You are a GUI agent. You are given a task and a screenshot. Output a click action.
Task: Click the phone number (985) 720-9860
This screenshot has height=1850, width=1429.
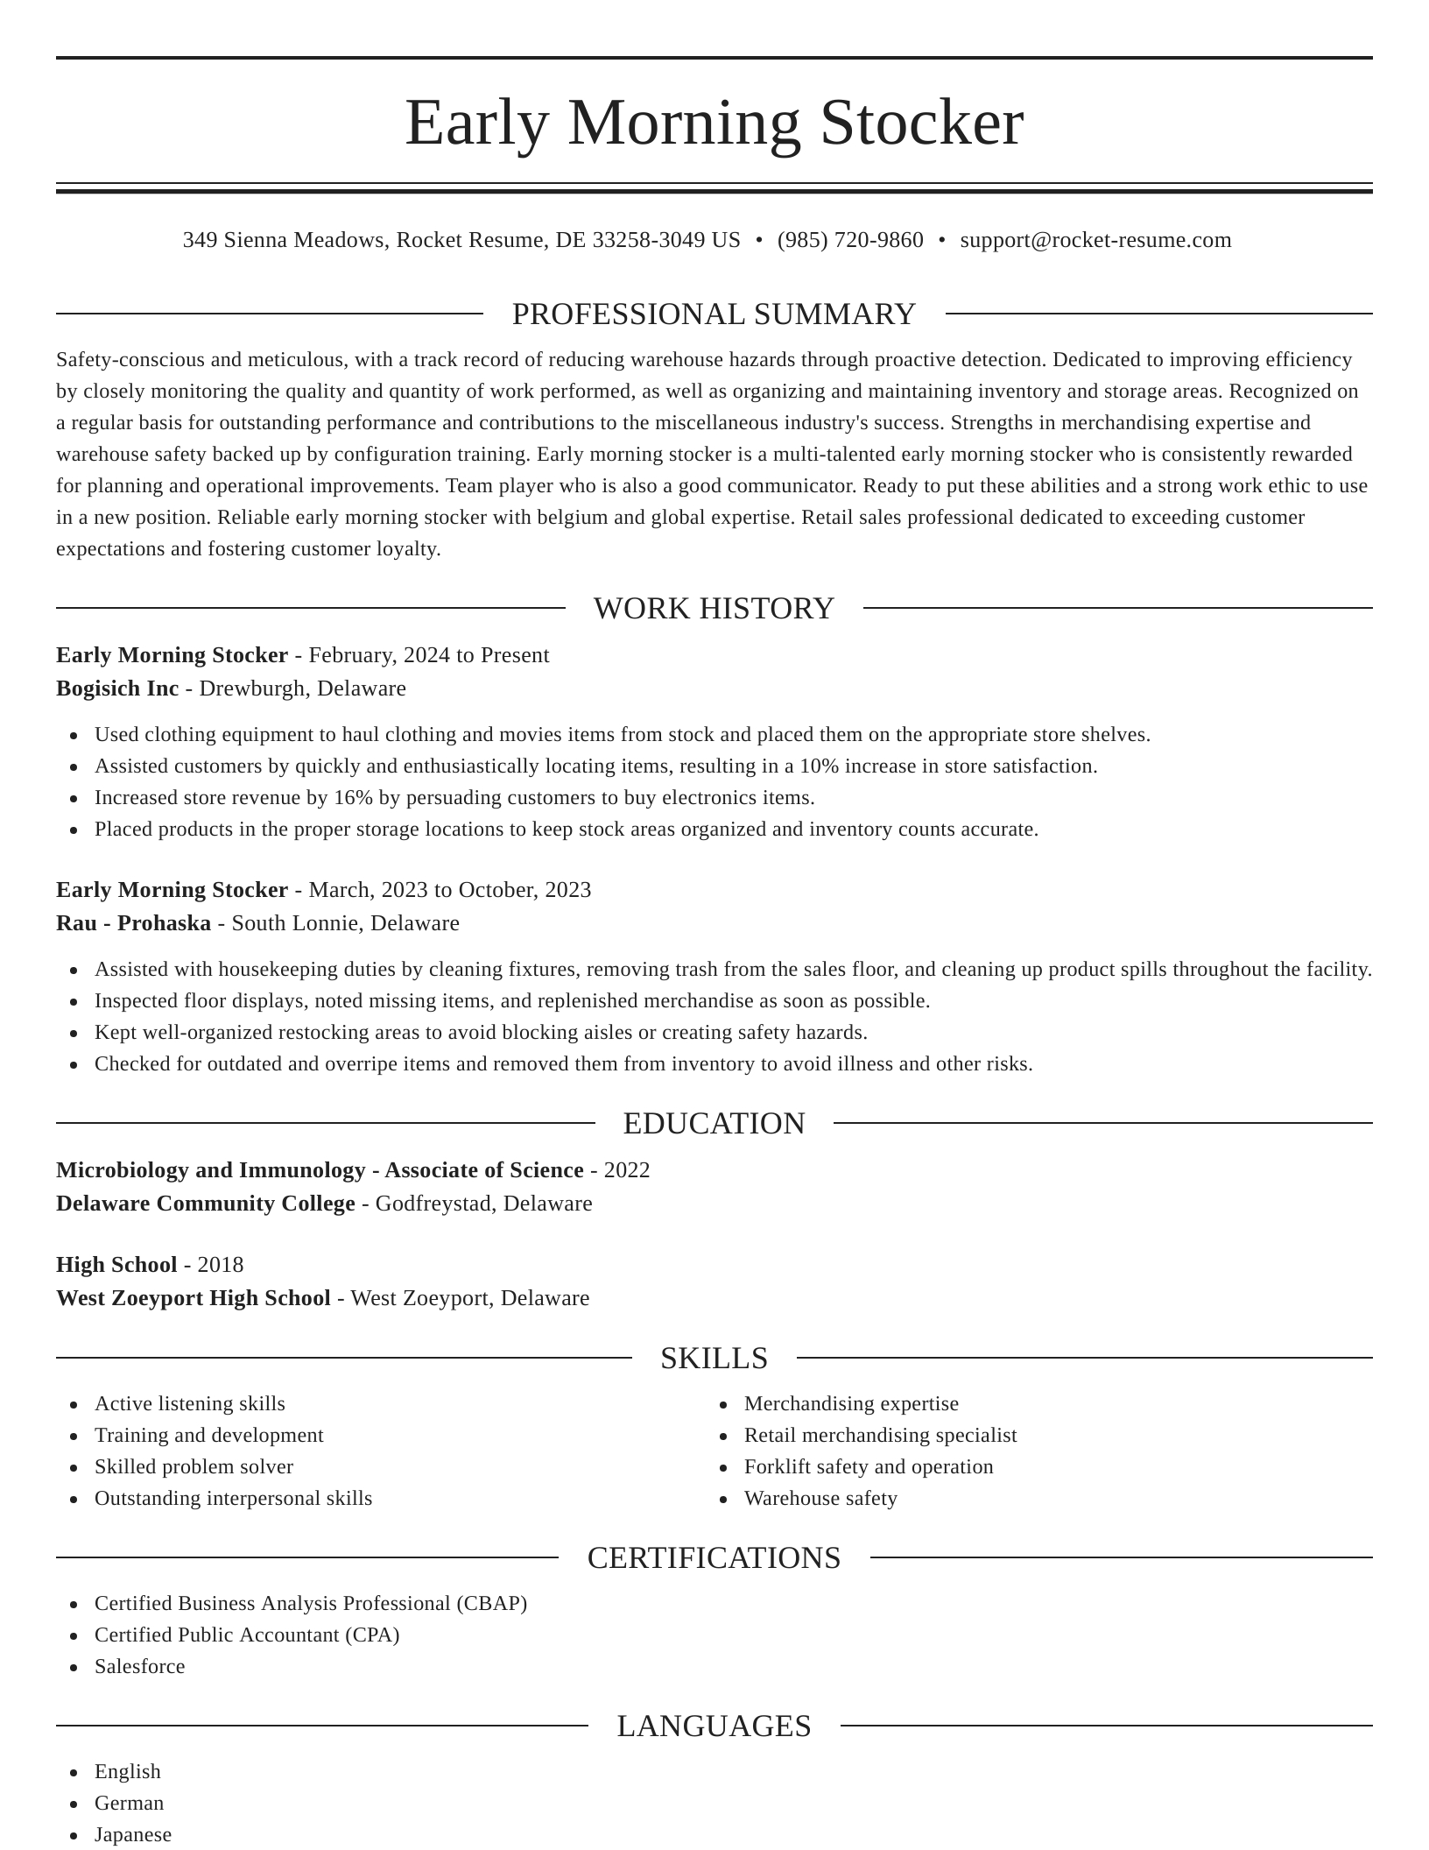[849, 240]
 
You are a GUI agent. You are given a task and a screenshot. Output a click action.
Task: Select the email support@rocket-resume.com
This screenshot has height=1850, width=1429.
[1095, 240]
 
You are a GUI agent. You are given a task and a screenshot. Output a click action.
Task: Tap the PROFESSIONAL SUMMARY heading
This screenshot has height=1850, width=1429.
[714, 314]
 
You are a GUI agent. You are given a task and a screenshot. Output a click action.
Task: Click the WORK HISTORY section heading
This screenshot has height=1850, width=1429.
[714, 608]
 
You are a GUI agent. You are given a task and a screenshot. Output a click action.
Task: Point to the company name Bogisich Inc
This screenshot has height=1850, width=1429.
[117, 688]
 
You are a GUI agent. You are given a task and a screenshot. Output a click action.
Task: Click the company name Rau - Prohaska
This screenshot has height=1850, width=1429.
[133, 923]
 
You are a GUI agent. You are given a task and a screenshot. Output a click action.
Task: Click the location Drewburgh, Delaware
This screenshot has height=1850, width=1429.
[303, 688]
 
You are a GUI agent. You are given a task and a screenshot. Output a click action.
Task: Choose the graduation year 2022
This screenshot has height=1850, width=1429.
[627, 1170]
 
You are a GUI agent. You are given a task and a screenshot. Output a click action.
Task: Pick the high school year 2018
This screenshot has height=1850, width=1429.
[221, 1265]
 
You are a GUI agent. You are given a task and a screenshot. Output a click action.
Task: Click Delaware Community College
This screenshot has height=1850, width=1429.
[206, 1204]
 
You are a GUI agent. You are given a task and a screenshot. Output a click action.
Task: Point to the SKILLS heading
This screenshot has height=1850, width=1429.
[714, 1358]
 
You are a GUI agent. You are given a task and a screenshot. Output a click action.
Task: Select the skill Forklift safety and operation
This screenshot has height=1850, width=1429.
[869, 1466]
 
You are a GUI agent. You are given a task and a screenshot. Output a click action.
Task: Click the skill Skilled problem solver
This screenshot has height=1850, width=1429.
[194, 1466]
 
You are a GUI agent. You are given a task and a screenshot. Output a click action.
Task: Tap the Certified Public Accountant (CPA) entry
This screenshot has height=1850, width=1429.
[247, 1635]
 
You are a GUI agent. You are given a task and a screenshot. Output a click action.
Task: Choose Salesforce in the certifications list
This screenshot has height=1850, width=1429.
[140, 1666]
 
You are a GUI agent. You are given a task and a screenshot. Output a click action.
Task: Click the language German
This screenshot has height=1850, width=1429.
[130, 1803]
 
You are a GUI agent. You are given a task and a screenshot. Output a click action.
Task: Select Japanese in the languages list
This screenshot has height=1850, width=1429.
[133, 1834]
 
